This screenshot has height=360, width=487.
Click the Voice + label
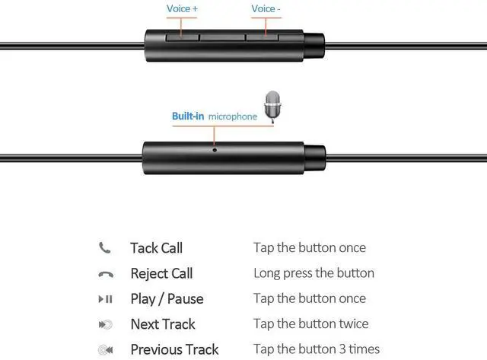(183, 9)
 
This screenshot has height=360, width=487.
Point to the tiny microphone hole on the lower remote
(215, 149)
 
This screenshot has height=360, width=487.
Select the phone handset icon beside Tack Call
(105, 248)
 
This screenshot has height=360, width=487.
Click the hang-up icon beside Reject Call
(105, 274)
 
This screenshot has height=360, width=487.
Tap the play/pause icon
(105, 299)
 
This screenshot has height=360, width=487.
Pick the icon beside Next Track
(105, 325)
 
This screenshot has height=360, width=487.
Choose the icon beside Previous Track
(105, 350)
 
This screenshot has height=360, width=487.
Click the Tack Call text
(156, 248)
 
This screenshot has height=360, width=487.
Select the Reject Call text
(161, 273)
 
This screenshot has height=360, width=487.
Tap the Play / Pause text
(167, 299)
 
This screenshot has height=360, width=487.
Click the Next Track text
(162, 324)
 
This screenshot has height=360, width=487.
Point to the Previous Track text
(175, 350)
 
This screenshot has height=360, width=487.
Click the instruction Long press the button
(314, 273)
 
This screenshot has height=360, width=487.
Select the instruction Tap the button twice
(310, 324)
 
